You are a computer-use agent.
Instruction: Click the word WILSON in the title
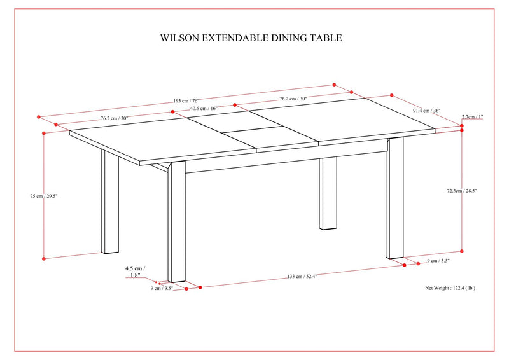click(180, 38)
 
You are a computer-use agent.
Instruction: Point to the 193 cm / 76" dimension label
click(186, 100)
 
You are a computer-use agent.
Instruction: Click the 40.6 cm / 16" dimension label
click(204, 108)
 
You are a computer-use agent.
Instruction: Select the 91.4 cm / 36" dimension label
click(426, 110)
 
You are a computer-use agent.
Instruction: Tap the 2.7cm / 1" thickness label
click(472, 117)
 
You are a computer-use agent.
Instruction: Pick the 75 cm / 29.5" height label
click(26, 197)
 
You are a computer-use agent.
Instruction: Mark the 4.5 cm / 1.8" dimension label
click(135, 272)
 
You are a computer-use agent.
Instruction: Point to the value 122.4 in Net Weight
click(461, 288)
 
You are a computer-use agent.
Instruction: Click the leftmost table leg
click(110, 204)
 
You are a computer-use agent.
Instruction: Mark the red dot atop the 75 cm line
click(43, 134)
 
